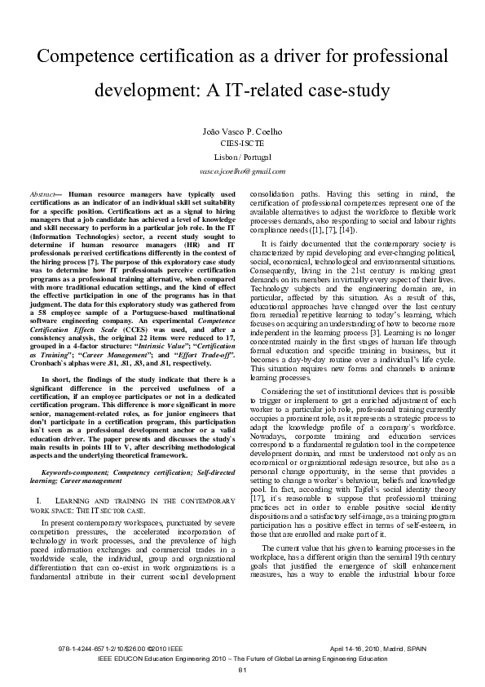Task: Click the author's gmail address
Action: [x=242, y=171]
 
